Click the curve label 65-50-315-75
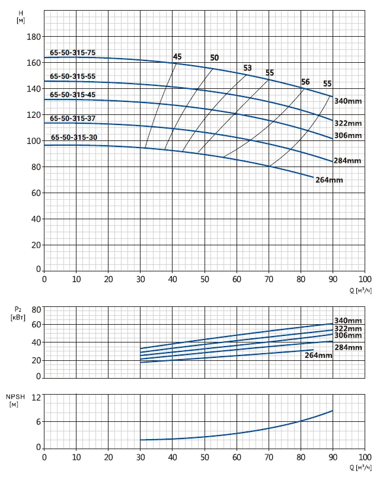(x=73, y=53)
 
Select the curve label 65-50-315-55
(x=73, y=76)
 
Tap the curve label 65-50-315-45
(x=73, y=95)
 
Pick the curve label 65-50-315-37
(x=73, y=119)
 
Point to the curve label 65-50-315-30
(x=74, y=137)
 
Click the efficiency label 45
(x=177, y=56)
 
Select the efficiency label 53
(x=247, y=68)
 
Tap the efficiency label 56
(x=305, y=82)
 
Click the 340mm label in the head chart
(x=348, y=101)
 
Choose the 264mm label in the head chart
(x=329, y=180)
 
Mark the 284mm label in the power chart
(x=348, y=347)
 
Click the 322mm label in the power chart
(x=348, y=328)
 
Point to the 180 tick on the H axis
(x=34, y=37)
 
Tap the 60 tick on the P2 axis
(x=36, y=325)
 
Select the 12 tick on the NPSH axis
(x=36, y=398)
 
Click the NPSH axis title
(x=15, y=401)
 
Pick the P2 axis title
(x=18, y=313)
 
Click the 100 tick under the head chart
(x=365, y=279)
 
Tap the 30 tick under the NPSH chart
(x=141, y=457)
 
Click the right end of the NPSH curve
(x=333, y=411)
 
